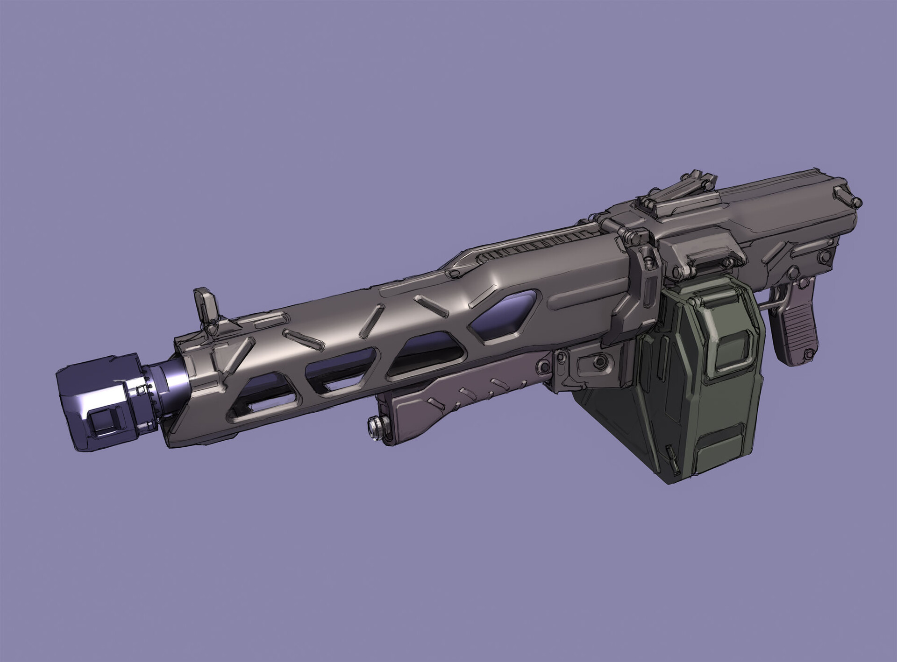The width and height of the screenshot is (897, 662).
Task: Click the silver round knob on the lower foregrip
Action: (x=374, y=426)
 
